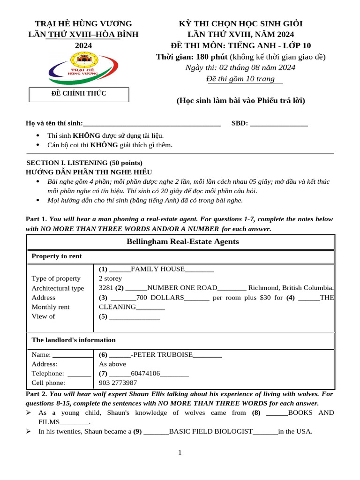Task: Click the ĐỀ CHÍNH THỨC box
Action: coord(79,94)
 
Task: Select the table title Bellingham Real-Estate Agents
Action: coord(182,242)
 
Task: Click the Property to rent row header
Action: coord(56,256)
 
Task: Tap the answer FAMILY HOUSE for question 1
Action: coord(157,269)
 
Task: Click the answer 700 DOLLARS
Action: coord(160,297)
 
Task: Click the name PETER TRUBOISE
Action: coord(162,355)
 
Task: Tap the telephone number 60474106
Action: coord(145,374)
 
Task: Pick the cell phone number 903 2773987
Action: coord(118,383)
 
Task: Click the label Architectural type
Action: coord(58,288)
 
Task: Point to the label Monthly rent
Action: coord(50,307)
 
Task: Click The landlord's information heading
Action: coord(73,340)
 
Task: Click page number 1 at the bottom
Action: coord(180,452)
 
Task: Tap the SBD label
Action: coord(240,123)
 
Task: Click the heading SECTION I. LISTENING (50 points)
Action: coord(84,163)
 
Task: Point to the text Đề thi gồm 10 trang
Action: coord(240,79)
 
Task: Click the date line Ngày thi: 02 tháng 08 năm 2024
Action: coord(240,67)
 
